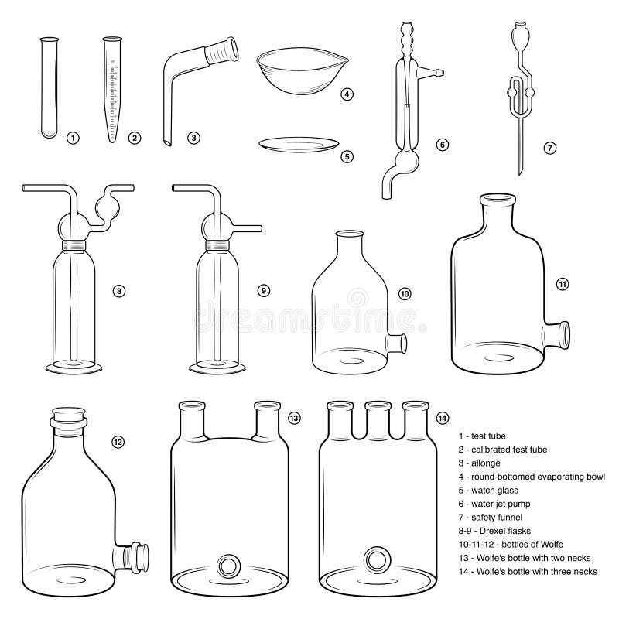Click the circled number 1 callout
coord(73,139)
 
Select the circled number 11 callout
coord(563,284)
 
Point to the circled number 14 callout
coord(442,418)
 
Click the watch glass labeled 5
coord(298,144)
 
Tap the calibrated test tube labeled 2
coord(114,89)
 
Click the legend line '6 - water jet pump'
coord(501,504)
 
